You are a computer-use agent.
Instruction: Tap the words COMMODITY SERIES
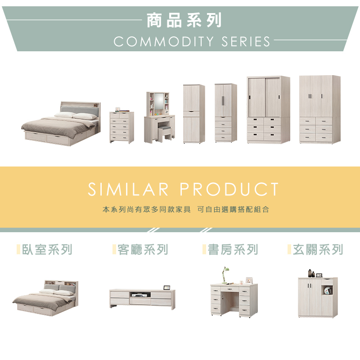[x=192, y=42]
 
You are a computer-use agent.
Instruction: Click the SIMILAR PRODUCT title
[x=184, y=189]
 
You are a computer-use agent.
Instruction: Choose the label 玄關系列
[x=318, y=250]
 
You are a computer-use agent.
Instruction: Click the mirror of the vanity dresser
[x=159, y=103]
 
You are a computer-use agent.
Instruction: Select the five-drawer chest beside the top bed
[x=121, y=128]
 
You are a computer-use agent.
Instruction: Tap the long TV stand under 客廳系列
[x=142, y=298]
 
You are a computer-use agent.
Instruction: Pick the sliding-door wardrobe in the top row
[x=268, y=110]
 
